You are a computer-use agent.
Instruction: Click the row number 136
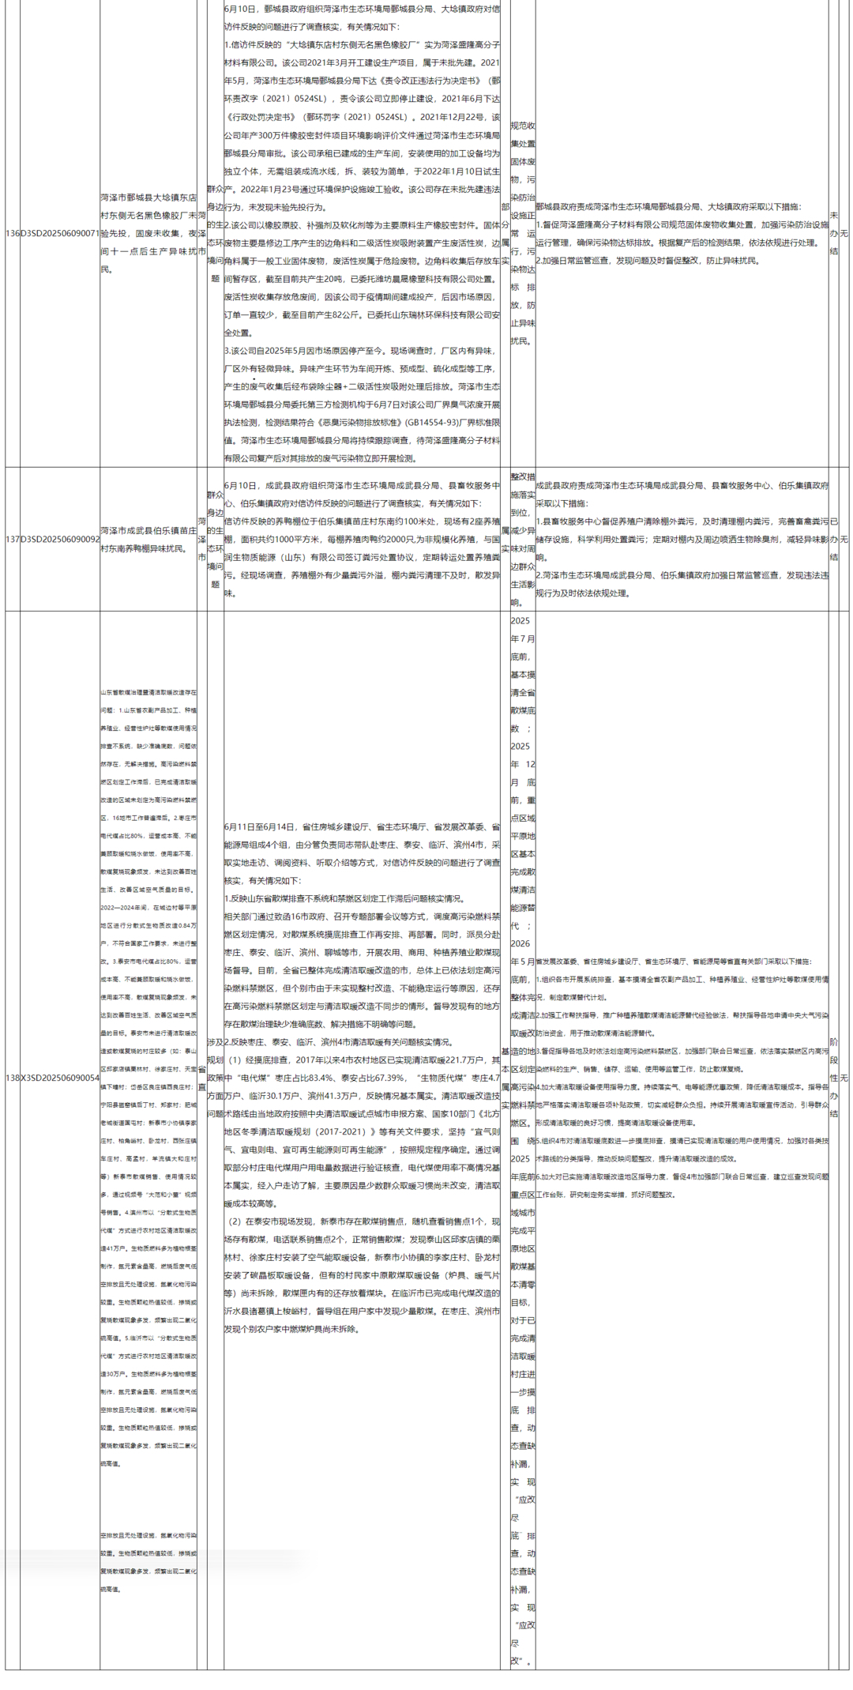13,234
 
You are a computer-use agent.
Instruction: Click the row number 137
13,539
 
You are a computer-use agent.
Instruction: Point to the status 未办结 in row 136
834,234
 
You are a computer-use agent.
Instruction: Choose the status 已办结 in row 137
834,539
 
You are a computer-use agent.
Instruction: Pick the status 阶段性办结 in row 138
834,1078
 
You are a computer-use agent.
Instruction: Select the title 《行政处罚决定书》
261,117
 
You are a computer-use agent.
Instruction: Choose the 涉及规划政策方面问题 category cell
215,1078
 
